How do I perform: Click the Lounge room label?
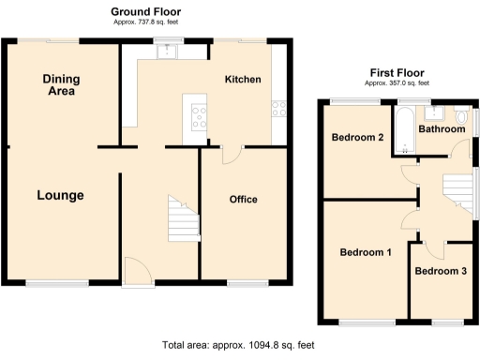point(60,196)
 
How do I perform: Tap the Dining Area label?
point(61,85)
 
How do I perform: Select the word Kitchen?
point(242,81)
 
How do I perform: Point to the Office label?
point(243,200)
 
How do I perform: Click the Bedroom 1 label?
point(366,252)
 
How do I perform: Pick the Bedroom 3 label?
point(441,272)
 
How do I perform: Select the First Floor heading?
point(397,72)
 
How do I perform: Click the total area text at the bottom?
point(239,345)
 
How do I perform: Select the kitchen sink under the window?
point(167,52)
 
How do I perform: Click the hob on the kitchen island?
point(200,117)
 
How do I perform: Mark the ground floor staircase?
point(182,218)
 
